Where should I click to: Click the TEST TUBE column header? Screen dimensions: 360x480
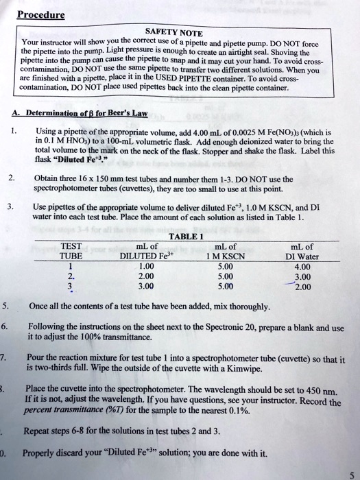(x=72, y=252)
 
